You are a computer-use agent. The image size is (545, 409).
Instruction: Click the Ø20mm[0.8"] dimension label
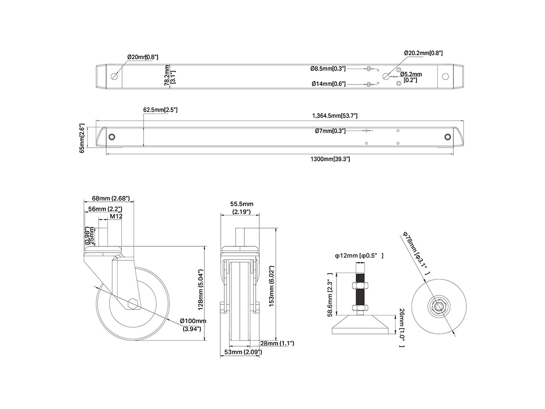(x=143, y=57)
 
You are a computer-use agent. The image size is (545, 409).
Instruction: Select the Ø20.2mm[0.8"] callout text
(x=423, y=53)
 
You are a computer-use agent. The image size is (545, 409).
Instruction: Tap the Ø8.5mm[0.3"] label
(x=328, y=69)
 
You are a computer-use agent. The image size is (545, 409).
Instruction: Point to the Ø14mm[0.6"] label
(x=328, y=84)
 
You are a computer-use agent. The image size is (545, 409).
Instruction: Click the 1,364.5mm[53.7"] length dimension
(x=335, y=116)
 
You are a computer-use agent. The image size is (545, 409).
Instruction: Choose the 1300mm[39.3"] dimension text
(x=330, y=159)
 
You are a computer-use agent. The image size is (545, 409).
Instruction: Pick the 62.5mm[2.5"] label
(x=160, y=110)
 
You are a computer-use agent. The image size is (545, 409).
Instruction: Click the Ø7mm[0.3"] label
(x=330, y=131)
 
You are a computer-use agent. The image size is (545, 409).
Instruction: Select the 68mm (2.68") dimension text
(x=111, y=198)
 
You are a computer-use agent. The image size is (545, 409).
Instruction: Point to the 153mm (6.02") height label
(x=272, y=286)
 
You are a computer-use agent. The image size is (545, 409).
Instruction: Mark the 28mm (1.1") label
(x=277, y=343)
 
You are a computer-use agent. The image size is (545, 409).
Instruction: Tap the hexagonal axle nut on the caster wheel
(x=133, y=304)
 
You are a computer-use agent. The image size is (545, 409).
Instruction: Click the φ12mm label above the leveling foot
(x=359, y=256)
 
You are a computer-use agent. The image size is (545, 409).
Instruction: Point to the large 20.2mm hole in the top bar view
(x=386, y=76)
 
